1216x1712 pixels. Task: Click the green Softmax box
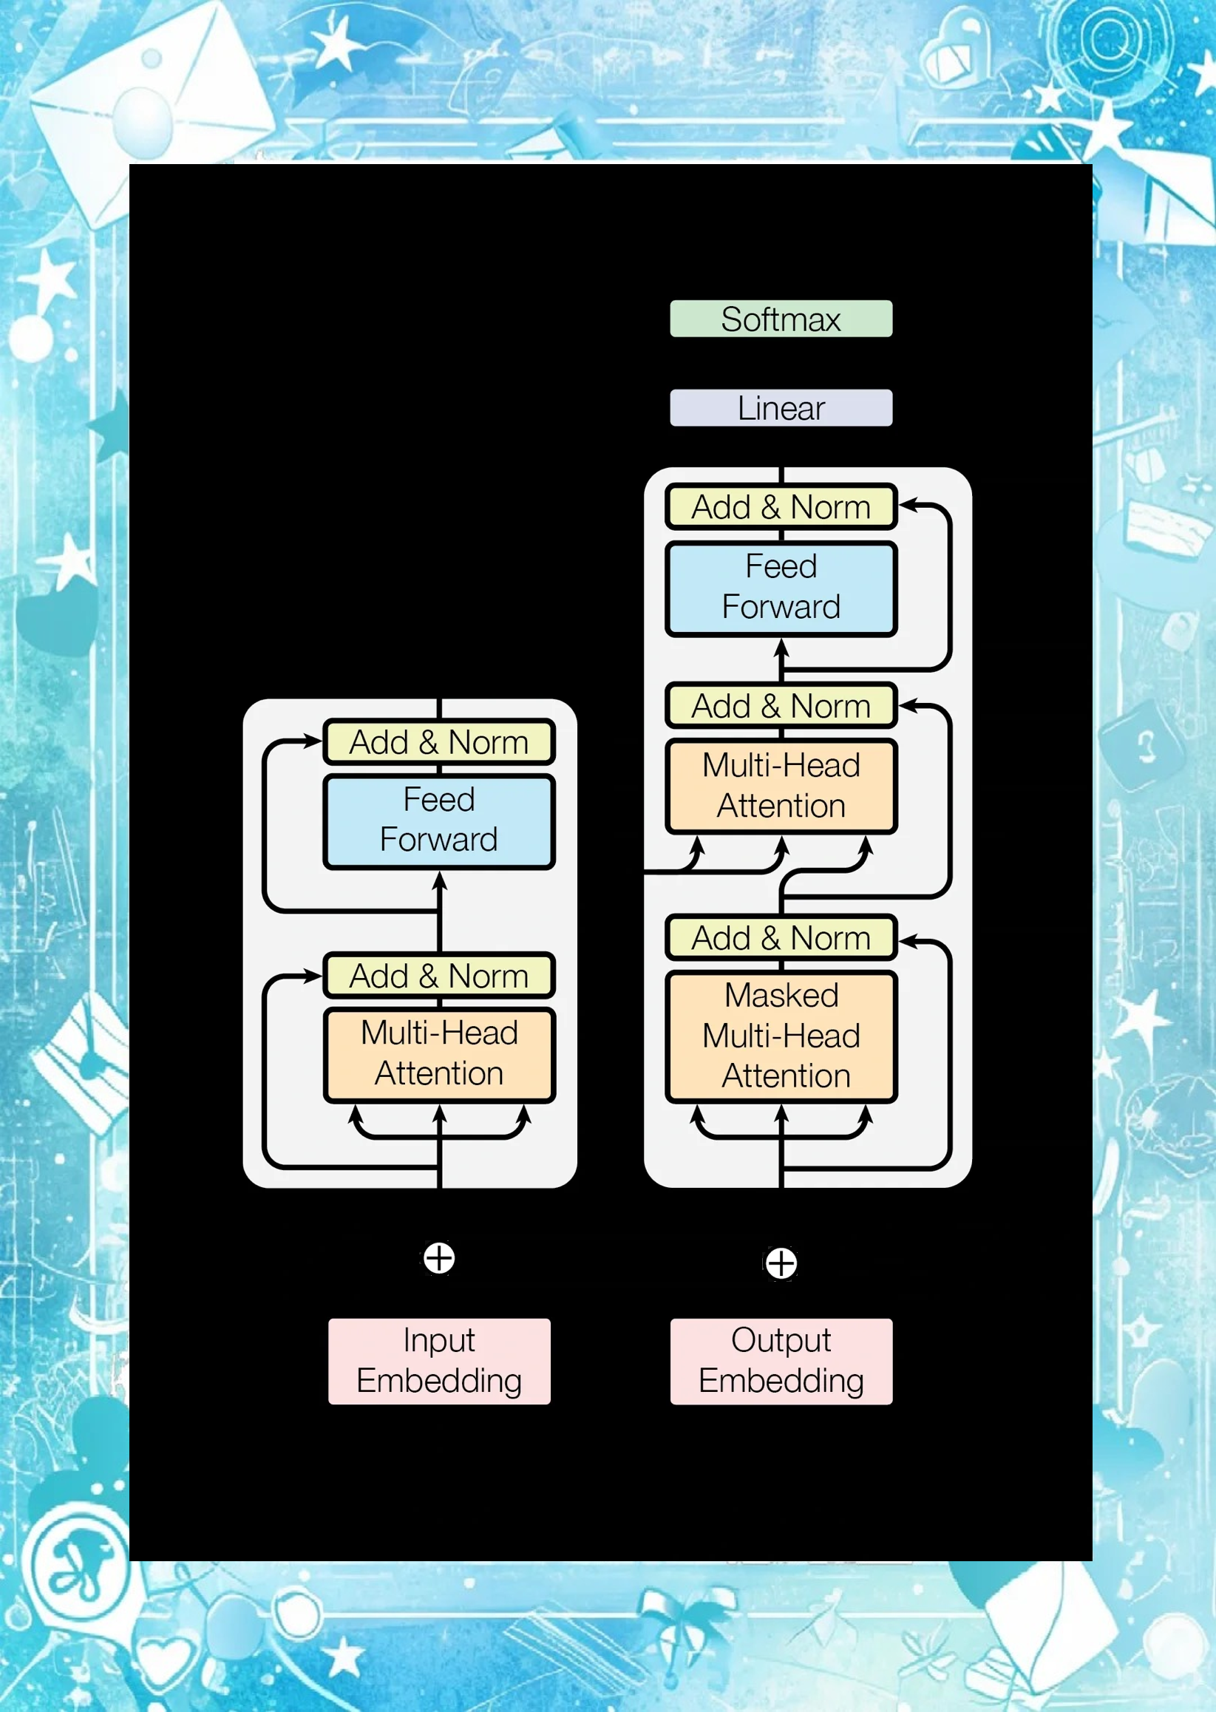[780, 319]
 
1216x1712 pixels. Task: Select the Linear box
[780, 408]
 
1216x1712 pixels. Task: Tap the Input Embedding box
[439, 1361]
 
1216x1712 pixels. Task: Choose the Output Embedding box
[780, 1361]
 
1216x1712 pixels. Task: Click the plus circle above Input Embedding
[439, 1257]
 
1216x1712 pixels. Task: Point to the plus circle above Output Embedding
[781, 1263]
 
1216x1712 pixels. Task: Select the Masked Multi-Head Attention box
[781, 1036]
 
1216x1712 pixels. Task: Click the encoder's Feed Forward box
[439, 821]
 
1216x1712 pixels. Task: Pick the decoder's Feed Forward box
[781, 588]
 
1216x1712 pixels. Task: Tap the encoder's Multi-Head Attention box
[439, 1054]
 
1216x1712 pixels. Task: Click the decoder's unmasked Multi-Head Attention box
[781, 786]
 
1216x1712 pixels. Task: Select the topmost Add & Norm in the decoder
[781, 507]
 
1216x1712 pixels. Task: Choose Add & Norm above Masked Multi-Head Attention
[781, 937]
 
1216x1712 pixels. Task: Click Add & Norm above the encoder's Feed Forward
[439, 742]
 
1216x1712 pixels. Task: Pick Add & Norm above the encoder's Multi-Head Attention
[439, 976]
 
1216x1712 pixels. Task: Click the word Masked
[781, 996]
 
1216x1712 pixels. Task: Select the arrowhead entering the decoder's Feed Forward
[781, 648]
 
